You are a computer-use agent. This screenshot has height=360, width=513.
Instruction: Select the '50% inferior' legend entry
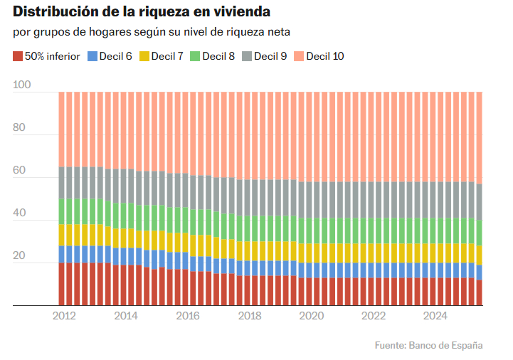[x=48, y=55]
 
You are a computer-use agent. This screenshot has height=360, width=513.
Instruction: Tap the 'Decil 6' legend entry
[x=110, y=55]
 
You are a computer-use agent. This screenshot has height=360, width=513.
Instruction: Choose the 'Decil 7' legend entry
[x=162, y=55]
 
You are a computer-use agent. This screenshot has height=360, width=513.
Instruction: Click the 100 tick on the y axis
[x=22, y=85]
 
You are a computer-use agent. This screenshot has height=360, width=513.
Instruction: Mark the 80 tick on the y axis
[x=19, y=128]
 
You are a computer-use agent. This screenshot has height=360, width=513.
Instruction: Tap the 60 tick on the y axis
[x=19, y=171]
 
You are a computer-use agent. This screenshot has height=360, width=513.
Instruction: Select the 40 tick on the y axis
[x=19, y=213]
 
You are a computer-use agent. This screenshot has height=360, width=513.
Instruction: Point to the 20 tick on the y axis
[x=19, y=256]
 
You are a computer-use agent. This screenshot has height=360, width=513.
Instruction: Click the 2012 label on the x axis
[x=65, y=316]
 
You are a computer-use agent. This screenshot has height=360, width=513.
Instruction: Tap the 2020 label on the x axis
[x=312, y=316]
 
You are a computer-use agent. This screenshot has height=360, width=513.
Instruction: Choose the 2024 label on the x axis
[x=435, y=316]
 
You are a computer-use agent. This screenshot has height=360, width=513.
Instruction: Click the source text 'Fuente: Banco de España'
[x=429, y=345]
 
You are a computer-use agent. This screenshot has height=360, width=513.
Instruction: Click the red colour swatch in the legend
[x=18, y=55]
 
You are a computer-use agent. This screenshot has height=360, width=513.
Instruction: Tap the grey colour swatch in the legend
[x=247, y=55]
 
